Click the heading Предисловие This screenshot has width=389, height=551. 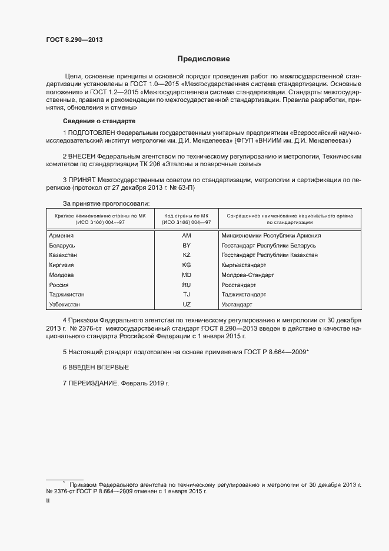[204, 59]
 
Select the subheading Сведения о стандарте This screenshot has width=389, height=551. [87, 120]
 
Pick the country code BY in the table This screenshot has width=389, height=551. [187, 245]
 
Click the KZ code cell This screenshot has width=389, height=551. [187, 255]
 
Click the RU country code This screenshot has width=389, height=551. [187, 285]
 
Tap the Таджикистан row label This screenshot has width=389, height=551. [67, 295]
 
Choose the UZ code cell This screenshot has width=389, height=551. [187, 305]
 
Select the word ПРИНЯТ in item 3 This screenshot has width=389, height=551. [82, 179]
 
